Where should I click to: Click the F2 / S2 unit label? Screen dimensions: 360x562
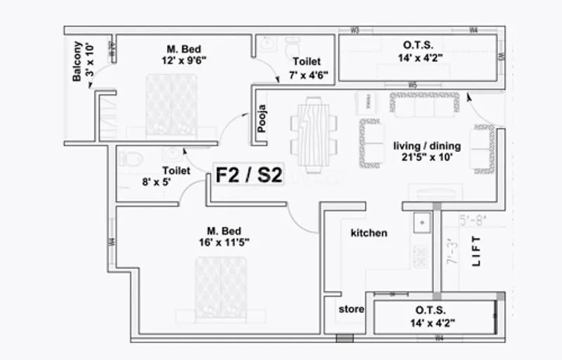(x=249, y=175)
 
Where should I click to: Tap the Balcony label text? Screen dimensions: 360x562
(x=77, y=60)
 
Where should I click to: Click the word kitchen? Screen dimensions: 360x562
(x=368, y=233)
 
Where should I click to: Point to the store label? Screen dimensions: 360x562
(x=351, y=309)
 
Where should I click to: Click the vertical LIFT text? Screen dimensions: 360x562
(x=477, y=250)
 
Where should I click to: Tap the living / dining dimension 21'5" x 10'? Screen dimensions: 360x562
(x=426, y=157)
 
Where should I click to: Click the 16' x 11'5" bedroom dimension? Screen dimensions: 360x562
(x=224, y=243)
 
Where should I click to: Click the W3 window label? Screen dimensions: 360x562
(x=355, y=30)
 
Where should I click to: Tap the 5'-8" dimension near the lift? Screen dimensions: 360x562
(x=473, y=219)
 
